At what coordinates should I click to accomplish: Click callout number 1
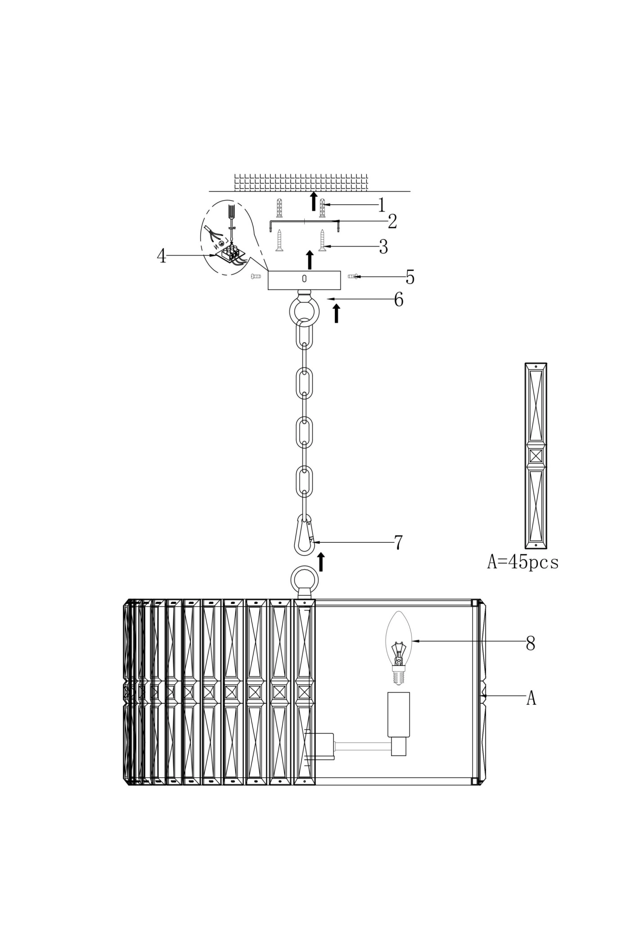[382, 205]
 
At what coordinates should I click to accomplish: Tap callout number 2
[392, 221]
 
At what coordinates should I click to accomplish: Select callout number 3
[383, 247]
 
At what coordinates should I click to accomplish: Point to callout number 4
[161, 256]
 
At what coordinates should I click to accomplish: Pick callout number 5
[409, 277]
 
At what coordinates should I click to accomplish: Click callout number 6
[399, 300]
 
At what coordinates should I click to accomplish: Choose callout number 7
[398, 543]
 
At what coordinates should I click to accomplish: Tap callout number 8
[531, 643]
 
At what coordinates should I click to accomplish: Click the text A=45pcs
[522, 562]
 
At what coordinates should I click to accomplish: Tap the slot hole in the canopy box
[304, 279]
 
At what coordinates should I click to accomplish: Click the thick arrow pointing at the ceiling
[314, 201]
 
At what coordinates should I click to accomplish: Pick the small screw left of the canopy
[256, 276]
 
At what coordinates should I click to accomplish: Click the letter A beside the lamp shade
[531, 698]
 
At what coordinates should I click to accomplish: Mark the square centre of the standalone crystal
[536, 456]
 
